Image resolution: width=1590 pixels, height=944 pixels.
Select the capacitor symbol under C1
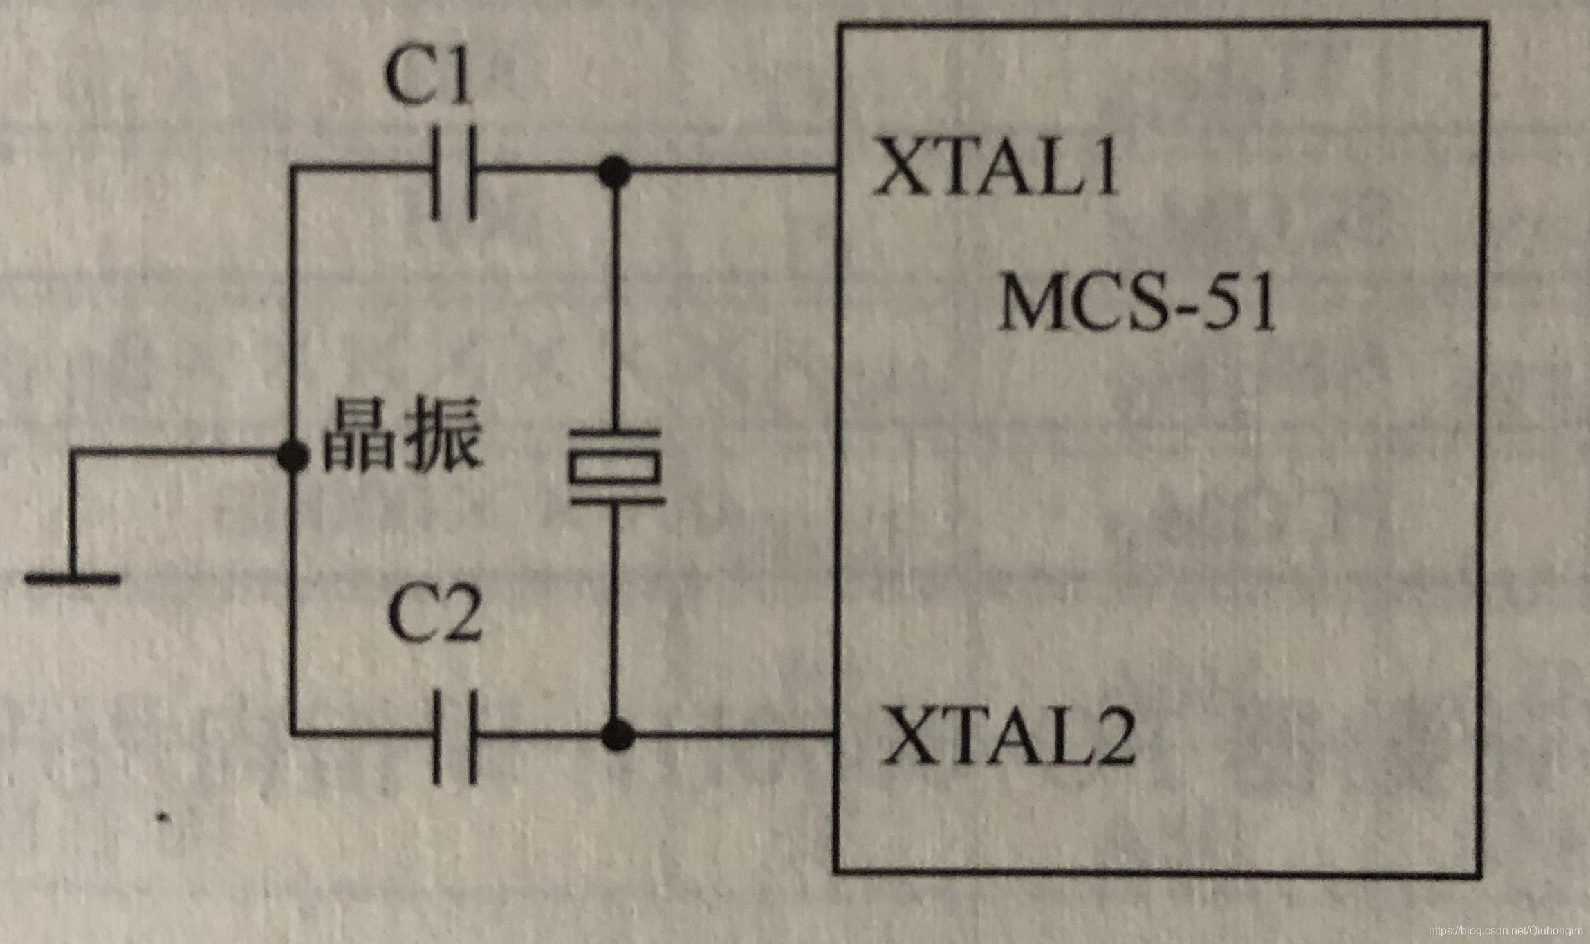pos(454,172)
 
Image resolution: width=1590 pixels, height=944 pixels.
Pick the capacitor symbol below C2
pos(454,737)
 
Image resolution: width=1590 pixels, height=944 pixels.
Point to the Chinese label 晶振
pos(402,436)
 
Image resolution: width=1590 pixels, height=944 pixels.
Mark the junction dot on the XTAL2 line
pos(618,734)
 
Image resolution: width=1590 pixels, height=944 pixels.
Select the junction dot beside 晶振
pos(293,455)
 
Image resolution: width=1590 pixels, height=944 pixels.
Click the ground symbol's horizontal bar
pos(73,578)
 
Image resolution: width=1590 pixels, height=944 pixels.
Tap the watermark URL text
pos(1505,932)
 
